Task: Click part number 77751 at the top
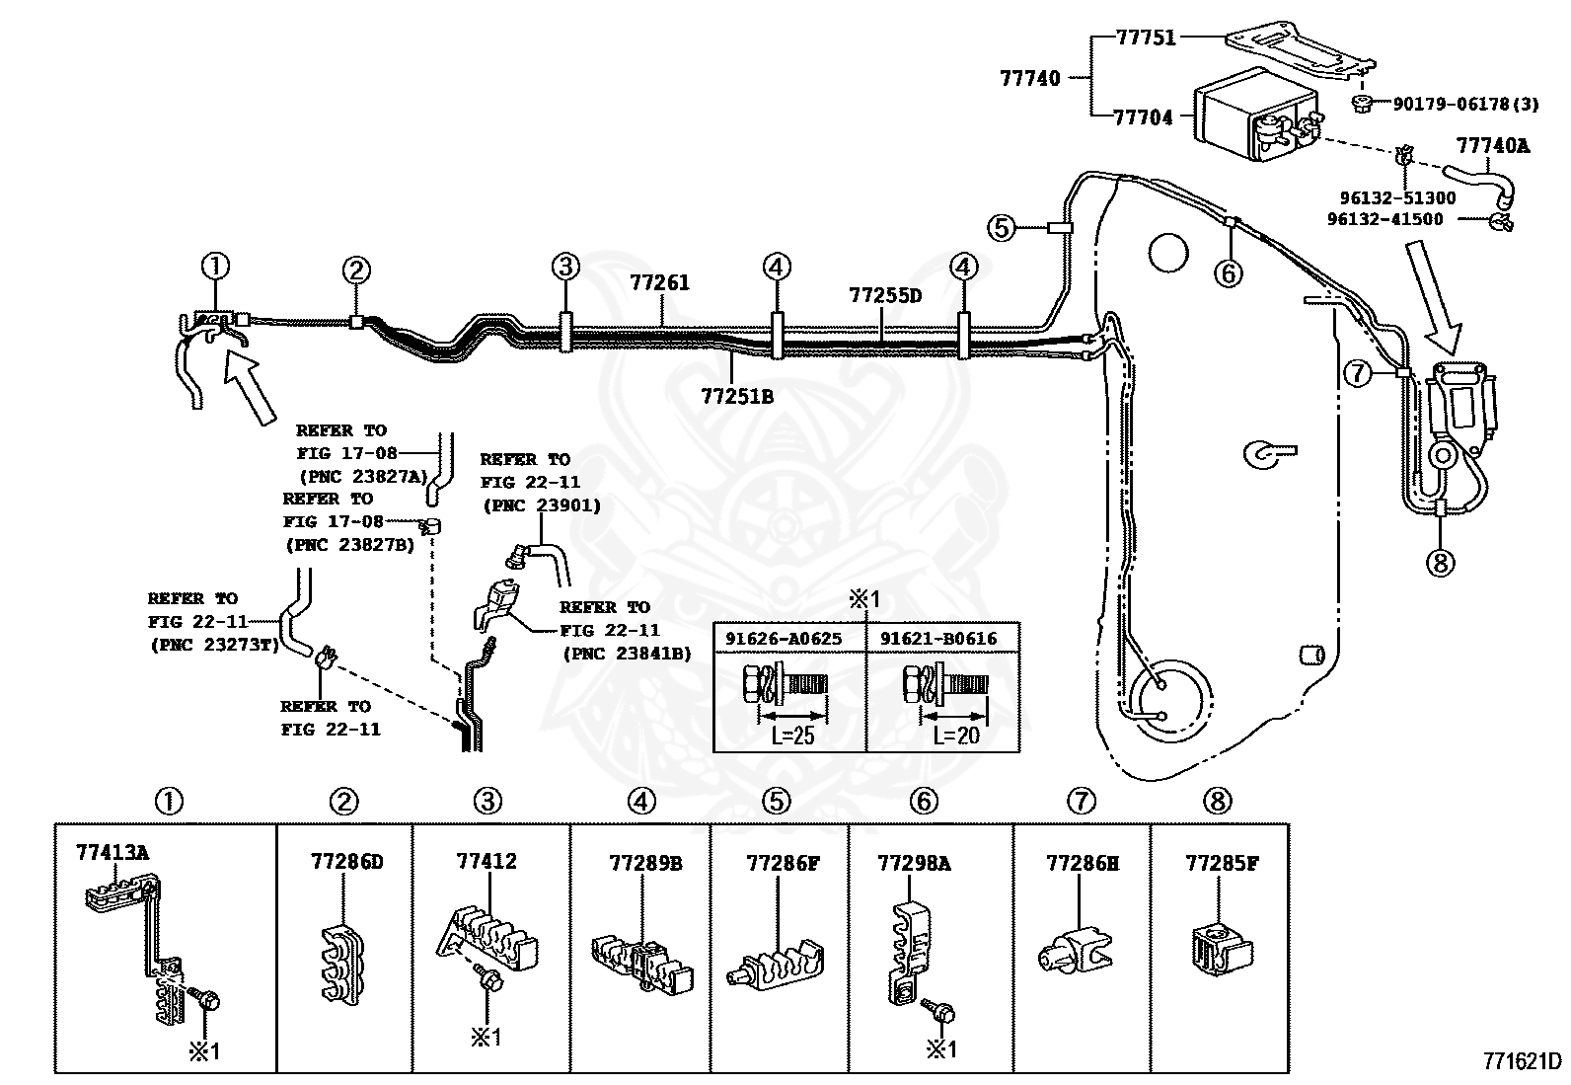point(1146,38)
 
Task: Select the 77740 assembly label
point(1030,78)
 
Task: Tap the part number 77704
point(1143,117)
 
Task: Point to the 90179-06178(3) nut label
point(1465,104)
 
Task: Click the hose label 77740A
point(1493,145)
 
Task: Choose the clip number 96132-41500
point(1385,219)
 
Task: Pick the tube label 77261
point(659,282)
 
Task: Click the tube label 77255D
point(885,295)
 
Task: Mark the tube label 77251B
point(737,397)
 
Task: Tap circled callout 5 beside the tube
point(1002,227)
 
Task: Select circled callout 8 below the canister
point(1440,562)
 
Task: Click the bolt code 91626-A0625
point(784,639)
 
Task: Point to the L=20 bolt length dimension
point(956,735)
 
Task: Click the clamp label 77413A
point(112,852)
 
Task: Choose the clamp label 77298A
point(914,863)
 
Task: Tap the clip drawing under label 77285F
point(1222,951)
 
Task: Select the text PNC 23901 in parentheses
point(542,505)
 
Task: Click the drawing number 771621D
point(1523,1060)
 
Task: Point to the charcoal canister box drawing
point(1257,116)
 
